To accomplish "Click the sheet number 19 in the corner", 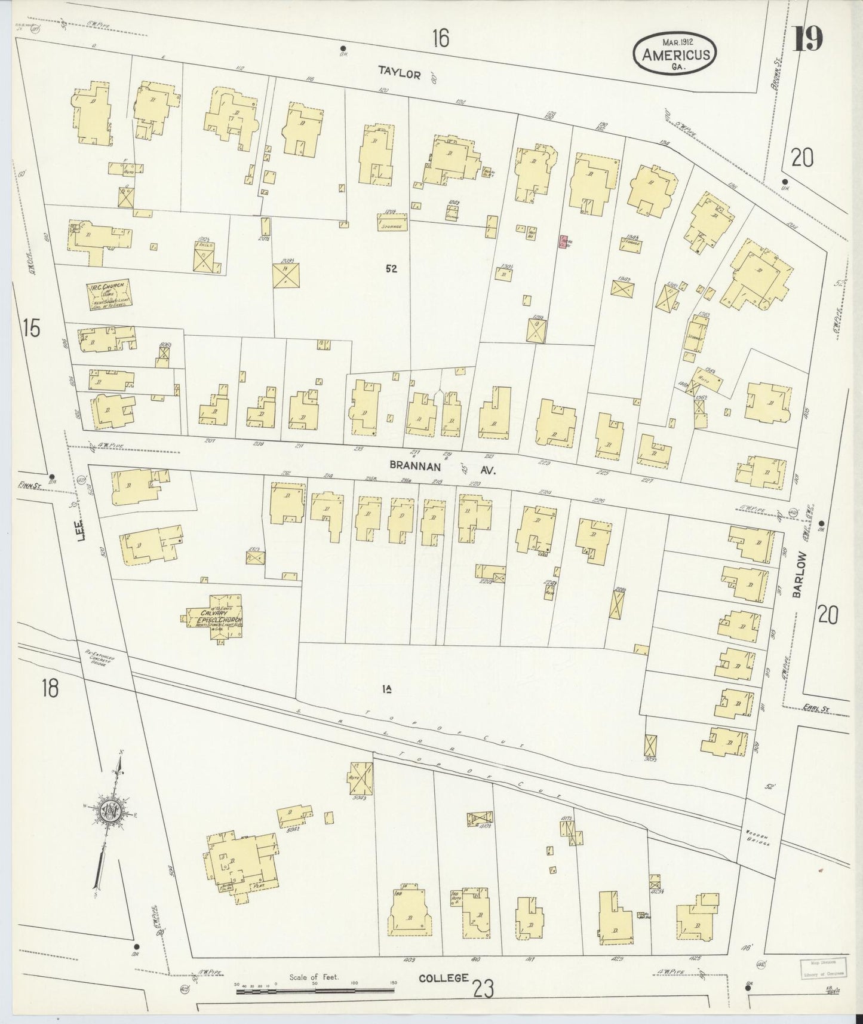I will (809, 39).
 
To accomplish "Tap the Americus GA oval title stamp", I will (676, 54).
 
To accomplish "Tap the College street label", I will (443, 978).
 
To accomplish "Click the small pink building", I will (563, 241).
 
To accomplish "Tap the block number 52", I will (391, 269).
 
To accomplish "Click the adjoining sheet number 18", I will (50, 688).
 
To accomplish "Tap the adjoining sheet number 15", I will (32, 327).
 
